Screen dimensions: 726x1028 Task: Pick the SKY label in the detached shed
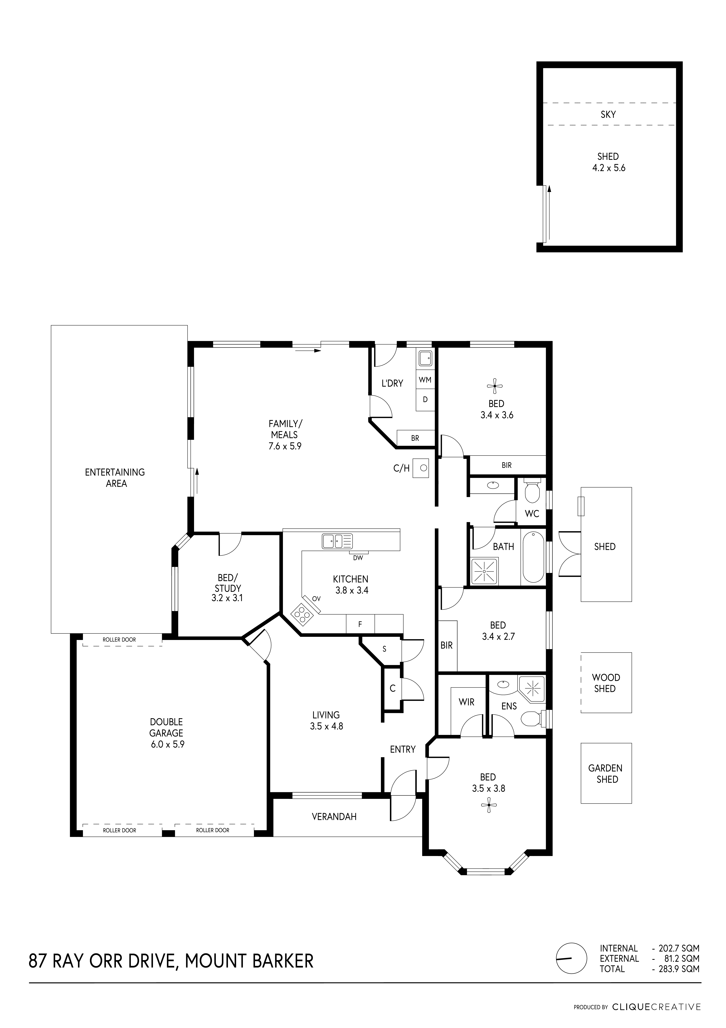pos(608,115)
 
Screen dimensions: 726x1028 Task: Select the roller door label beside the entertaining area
pos(119,640)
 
